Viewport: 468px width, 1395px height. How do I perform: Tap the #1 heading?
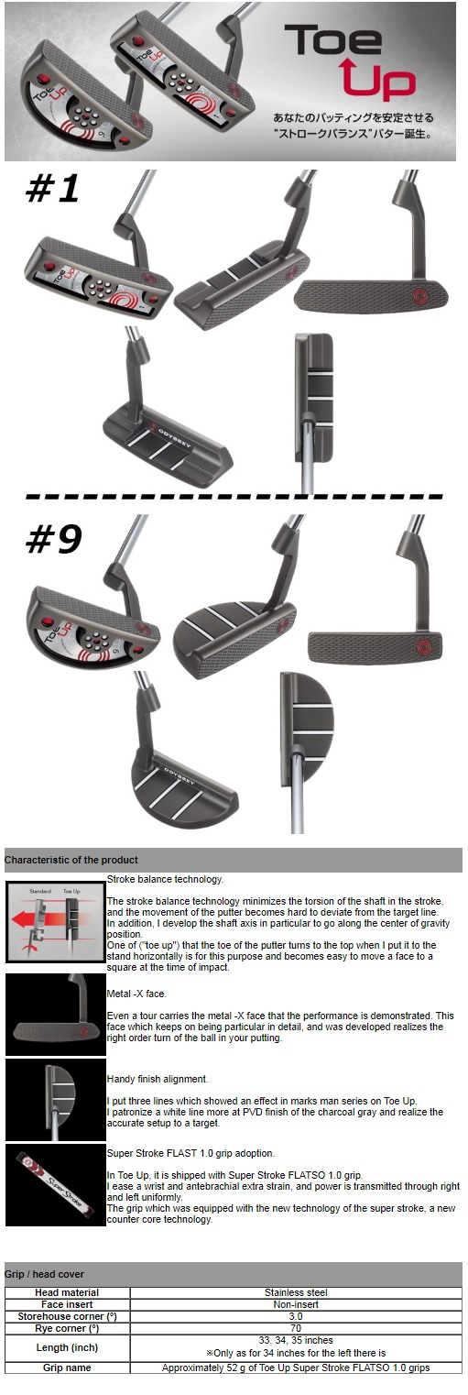coord(52,189)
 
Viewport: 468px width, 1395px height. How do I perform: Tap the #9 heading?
coord(53,539)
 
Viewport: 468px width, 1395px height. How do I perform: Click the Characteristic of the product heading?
coord(71,860)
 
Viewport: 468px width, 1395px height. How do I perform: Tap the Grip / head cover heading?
coord(44,1274)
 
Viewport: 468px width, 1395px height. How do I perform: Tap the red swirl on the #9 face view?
coord(427,644)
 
